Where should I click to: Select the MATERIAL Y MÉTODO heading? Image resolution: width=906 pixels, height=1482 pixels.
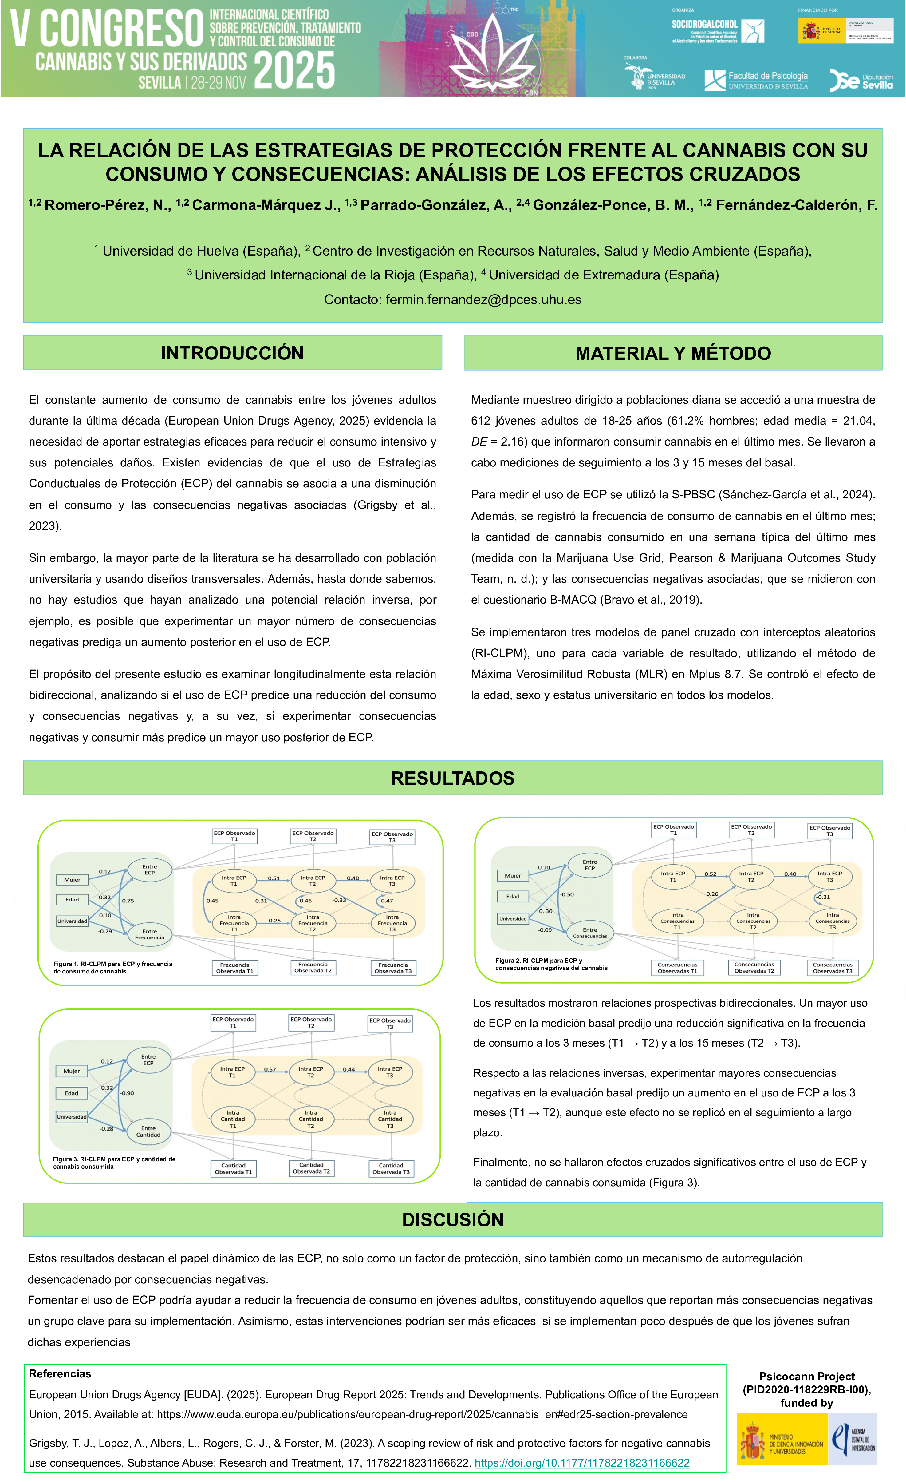[673, 353]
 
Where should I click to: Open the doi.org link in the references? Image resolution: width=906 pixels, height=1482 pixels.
[582, 1463]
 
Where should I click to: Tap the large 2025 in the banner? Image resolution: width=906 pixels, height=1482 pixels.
[294, 70]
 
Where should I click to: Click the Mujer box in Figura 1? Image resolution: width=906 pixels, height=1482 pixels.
[72, 879]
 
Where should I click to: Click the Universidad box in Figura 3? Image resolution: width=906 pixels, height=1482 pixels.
[72, 1116]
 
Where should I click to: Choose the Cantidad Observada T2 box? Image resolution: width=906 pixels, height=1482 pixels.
[311, 1168]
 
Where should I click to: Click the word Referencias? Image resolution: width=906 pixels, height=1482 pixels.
[60, 1374]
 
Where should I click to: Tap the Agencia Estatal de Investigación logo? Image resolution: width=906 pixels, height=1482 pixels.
[853, 1439]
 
